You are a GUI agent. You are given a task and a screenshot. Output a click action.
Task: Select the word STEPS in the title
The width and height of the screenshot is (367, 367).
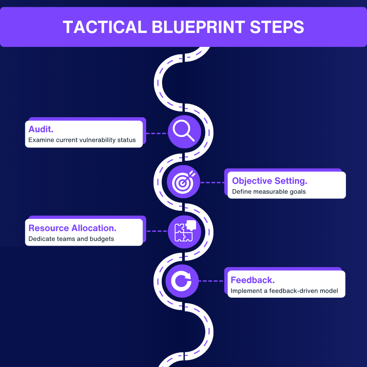click(277, 27)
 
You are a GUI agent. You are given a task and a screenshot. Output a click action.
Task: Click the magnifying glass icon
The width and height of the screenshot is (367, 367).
click(184, 132)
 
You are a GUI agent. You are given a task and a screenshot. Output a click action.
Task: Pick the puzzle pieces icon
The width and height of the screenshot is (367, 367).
click(185, 231)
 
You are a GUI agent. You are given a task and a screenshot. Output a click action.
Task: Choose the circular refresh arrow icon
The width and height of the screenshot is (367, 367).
click(182, 281)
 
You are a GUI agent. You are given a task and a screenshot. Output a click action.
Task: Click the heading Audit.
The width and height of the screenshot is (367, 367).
click(41, 129)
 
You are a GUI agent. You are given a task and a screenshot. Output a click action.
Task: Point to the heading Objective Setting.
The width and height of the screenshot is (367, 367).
click(270, 181)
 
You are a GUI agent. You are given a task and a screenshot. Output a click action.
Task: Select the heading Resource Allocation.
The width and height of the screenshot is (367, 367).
click(72, 228)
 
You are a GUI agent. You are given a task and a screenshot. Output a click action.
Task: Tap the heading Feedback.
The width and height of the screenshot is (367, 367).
click(253, 280)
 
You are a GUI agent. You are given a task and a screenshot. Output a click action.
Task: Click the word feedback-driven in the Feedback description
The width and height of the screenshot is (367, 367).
click(296, 291)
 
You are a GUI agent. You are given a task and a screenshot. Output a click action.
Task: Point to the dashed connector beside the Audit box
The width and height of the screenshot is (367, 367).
click(157, 134)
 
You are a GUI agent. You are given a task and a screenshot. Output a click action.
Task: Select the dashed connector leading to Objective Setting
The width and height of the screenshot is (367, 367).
click(212, 182)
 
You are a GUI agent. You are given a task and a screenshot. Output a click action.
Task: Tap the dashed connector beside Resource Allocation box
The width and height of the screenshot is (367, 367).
click(157, 231)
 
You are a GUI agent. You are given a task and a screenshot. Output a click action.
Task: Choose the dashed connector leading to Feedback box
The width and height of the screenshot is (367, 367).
click(211, 281)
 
